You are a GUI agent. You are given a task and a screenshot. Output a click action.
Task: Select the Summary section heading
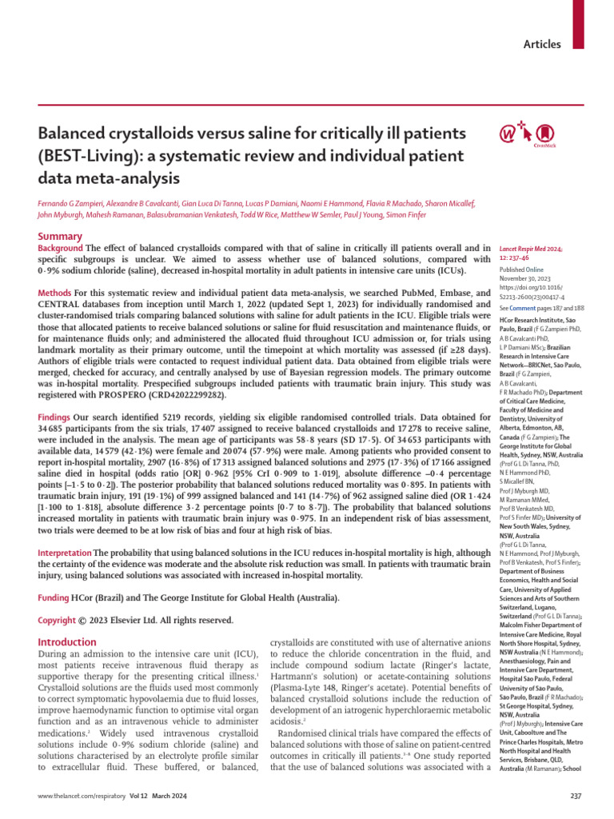click(x=60, y=237)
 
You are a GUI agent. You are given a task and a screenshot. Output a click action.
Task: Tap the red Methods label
click(x=55, y=294)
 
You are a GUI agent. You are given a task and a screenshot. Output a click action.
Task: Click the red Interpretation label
click(x=66, y=553)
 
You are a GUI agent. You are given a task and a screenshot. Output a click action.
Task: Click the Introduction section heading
click(x=68, y=641)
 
